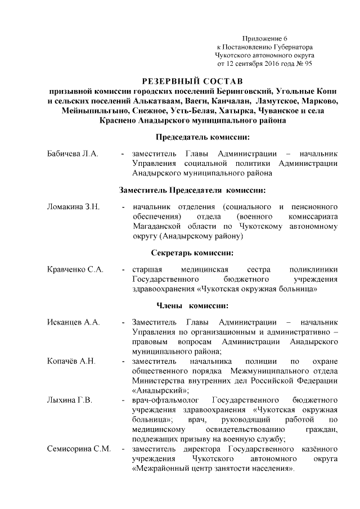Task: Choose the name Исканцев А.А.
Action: coord(73,322)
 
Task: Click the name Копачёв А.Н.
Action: coord(72,361)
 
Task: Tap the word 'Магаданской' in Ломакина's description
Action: coord(158,227)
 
